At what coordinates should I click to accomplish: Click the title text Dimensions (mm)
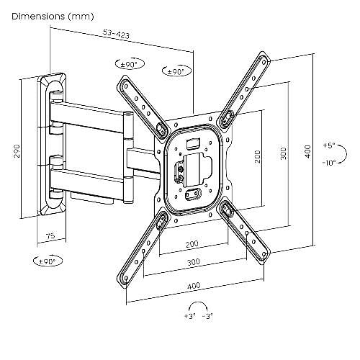tap(53, 17)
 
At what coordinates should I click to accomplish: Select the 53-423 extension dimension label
tap(116, 34)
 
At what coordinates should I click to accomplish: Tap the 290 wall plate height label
tap(17, 151)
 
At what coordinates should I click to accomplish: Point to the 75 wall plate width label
tap(50, 235)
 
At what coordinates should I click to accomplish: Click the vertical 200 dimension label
tap(257, 156)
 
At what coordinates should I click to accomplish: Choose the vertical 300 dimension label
tap(283, 153)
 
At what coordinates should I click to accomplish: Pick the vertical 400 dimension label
tap(307, 151)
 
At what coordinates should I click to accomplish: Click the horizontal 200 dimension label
tap(192, 244)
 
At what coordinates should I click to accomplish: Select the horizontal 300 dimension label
tap(194, 261)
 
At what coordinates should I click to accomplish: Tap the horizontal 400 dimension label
tap(194, 286)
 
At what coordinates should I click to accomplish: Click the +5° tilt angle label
tap(329, 145)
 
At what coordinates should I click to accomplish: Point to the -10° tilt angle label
tap(329, 163)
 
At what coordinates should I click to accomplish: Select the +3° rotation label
tap(190, 316)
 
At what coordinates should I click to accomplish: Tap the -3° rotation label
tap(207, 316)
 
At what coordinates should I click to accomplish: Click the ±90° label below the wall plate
tap(48, 261)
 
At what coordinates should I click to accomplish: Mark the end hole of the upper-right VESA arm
tap(264, 63)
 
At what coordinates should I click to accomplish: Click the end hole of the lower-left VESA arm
tap(125, 278)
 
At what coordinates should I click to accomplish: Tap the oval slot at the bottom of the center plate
tap(193, 194)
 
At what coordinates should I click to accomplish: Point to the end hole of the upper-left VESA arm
tap(125, 84)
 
